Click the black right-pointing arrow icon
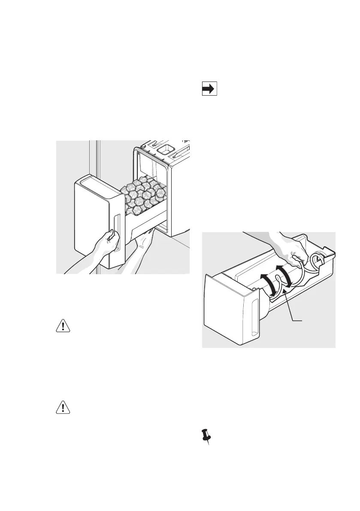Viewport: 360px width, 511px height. pyautogui.click(x=209, y=89)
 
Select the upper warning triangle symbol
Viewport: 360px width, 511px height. pyautogui.click(x=64, y=326)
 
